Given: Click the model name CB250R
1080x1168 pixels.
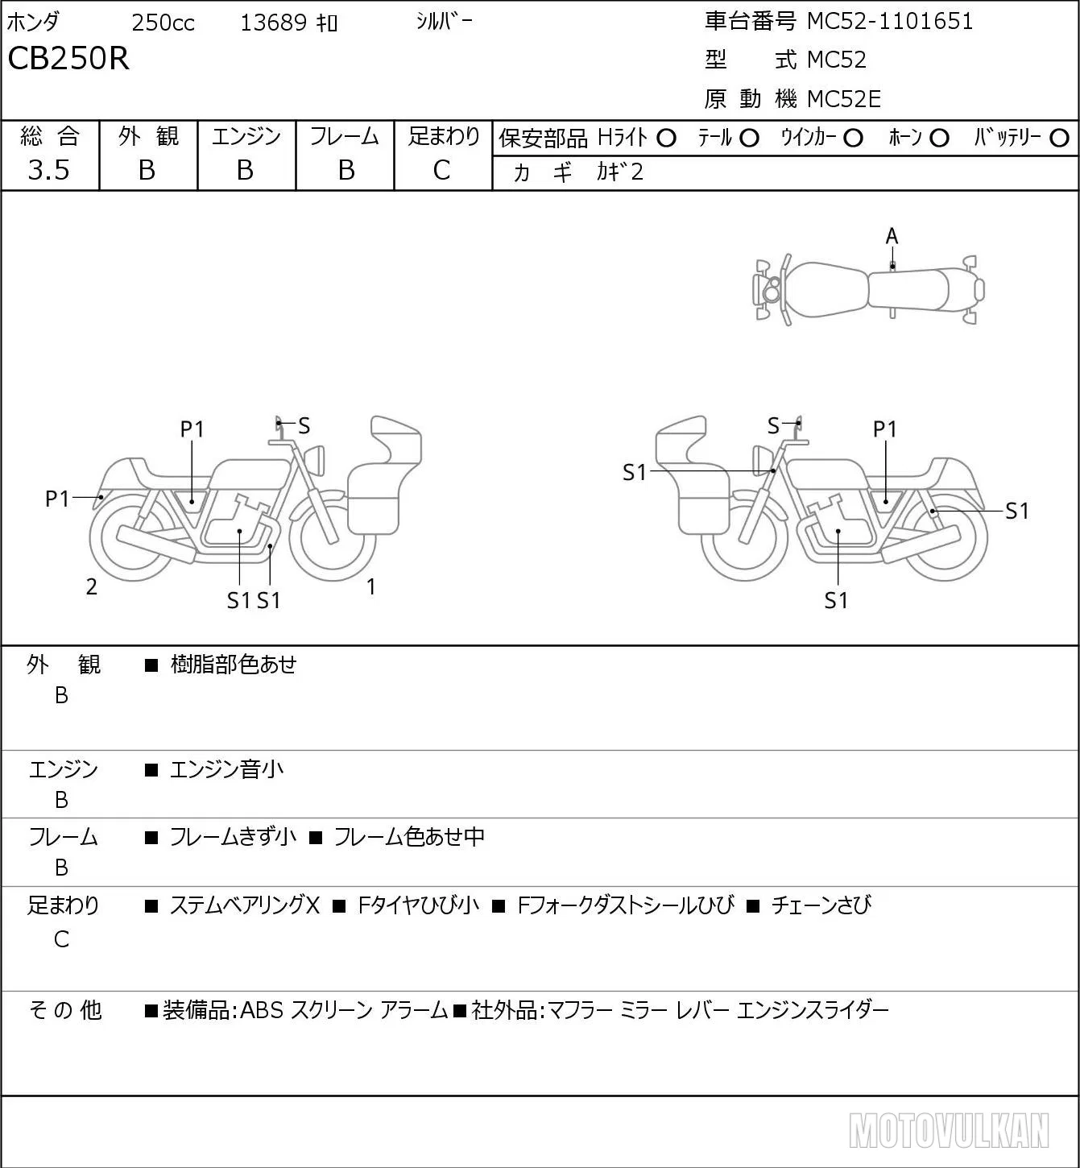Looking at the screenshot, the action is pos(68,58).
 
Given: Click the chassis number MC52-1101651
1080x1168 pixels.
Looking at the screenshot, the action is pos(889,21).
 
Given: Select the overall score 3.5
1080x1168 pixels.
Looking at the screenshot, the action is pos(49,170).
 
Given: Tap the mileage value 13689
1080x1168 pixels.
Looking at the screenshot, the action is pos(274,23).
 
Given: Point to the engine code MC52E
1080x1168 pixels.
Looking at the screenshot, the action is pos(843,99).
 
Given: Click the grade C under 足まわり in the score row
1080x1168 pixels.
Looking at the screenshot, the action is pos(442,170).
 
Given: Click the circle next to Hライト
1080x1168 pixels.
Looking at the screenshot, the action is pos(666,139).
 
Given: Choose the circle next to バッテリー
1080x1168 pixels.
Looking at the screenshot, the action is pos(1059,139).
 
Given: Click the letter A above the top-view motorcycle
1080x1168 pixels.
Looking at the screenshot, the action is pos(892,237).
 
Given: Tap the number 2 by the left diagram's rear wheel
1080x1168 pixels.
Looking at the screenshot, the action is pos(91,586).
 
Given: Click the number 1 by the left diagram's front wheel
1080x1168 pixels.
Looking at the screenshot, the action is pos(371,586).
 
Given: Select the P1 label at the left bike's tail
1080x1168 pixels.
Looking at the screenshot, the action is pos(57,499).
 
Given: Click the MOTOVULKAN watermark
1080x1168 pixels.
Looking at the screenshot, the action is pos(949,1130).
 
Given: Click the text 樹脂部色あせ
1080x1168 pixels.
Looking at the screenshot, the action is pos(234,664).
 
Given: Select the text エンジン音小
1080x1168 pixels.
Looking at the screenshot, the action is pos(226,768).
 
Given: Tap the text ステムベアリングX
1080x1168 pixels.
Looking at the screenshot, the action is pos(245,905).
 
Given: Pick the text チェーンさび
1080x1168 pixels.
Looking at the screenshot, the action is pos(821,905).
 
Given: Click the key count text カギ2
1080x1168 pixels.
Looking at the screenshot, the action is pos(619,172).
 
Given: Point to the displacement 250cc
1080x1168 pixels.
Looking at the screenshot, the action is pos(163,23).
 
